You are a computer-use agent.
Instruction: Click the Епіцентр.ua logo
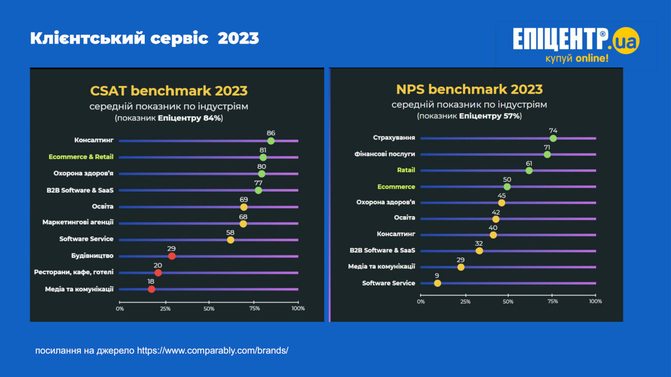point(576,45)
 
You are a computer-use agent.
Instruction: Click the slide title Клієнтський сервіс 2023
point(144,39)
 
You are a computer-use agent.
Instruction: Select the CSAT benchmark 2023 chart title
point(169,90)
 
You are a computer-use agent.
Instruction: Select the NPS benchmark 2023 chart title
point(469,89)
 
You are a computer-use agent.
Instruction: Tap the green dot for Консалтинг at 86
point(271,141)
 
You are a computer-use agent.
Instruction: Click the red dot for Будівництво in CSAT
point(172,256)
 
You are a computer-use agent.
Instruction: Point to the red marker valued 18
point(152,289)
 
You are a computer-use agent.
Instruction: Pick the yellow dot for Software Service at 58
point(230,240)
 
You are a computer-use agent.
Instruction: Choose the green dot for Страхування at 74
point(553,138)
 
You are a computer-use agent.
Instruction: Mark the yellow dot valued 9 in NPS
point(437,283)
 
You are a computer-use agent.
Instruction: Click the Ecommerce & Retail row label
point(81,157)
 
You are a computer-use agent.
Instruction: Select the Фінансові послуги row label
point(385,154)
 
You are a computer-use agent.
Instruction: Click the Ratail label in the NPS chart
point(406,170)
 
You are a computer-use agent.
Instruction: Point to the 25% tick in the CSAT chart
point(165,308)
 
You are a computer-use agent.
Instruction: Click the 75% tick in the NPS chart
point(552,302)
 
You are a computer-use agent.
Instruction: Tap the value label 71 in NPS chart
point(547,147)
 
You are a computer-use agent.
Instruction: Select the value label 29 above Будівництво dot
point(172,248)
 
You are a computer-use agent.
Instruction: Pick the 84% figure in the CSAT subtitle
point(213,118)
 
